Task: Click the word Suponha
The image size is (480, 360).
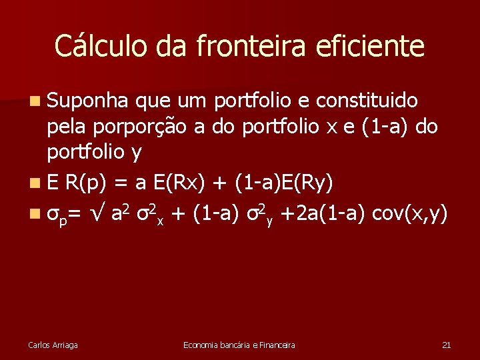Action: coord(87,101)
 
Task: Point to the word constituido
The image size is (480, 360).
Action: coord(367,101)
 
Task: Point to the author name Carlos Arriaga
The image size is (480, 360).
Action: coord(53,345)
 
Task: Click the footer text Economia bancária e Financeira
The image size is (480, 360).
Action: coord(239,345)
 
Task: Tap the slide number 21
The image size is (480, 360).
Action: coord(447,345)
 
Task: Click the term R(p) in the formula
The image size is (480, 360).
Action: coord(90,183)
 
